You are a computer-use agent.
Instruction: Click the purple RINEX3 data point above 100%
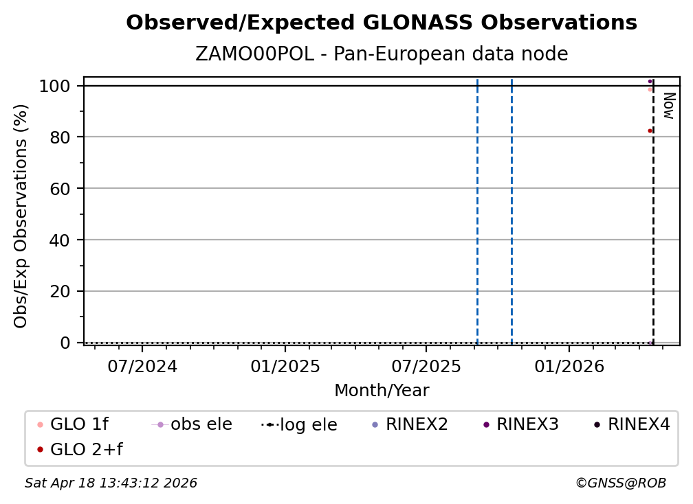(x=650, y=82)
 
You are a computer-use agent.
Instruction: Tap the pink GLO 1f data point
(x=650, y=89)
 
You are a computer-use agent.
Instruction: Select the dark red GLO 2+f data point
(x=650, y=130)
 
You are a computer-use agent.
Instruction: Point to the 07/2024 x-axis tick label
(x=142, y=366)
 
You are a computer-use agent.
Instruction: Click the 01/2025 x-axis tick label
(x=285, y=366)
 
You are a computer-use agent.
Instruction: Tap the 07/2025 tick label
(x=426, y=366)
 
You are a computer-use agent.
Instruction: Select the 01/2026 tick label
(x=568, y=366)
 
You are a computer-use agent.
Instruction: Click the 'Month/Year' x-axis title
(x=382, y=391)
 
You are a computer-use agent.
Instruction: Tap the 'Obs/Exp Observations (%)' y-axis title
(x=21, y=216)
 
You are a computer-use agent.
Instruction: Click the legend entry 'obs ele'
(x=201, y=424)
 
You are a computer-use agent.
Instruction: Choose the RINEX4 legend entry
(x=638, y=424)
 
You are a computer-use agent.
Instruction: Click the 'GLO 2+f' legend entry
(x=86, y=450)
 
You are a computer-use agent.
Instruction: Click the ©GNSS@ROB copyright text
(x=620, y=483)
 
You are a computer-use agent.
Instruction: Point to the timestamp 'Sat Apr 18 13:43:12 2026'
(x=111, y=483)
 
